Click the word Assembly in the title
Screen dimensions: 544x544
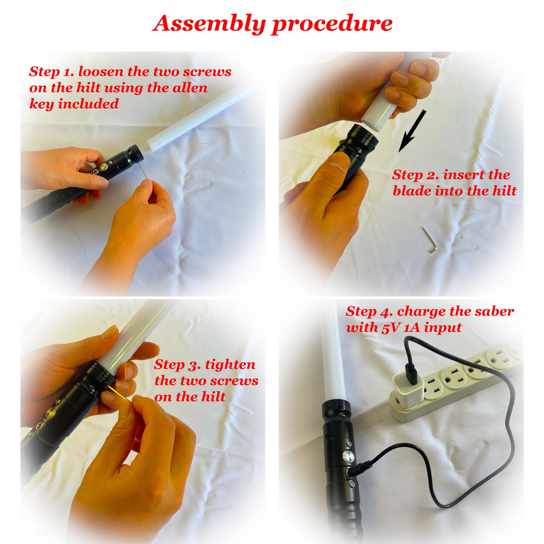pyautogui.click(x=209, y=24)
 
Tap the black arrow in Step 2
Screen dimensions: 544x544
pyautogui.click(x=412, y=131)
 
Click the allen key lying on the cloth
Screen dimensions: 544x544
pyautogui.click(x=430, y=240)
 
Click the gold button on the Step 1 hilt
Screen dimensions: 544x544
pyautogui.click(x=104, y=167)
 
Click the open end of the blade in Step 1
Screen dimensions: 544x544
pyautogui.click(x=149, y=145)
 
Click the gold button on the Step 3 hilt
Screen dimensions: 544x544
pyautogui.click(x=52, y=411)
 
